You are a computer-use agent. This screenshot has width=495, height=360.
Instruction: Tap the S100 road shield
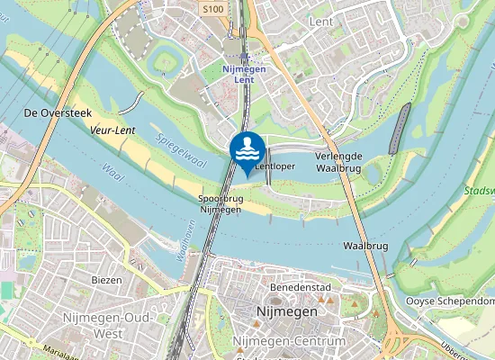pyautogui.click(x=212, y=9)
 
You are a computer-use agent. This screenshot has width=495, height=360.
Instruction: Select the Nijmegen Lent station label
pyautogui.click(x=238, y=74)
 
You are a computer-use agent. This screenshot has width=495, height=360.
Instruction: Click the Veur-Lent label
pyautogui.click(x=112, y=130)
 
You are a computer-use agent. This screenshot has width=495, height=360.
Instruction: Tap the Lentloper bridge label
pyautogui.click(x=275, y=166)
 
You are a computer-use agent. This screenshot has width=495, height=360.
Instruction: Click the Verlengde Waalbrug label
pyautogui.click(x=338, y=162)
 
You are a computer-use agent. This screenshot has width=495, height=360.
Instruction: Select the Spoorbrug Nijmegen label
pyautogui.click(x=220, y=203)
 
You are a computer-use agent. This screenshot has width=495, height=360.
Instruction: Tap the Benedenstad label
pyautogui.click(x=296, y=287)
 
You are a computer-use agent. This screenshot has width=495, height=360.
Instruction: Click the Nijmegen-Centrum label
pyautogui.click(x=289, y=343)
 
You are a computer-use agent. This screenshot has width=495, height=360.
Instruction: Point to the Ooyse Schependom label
pyautogui.click(x=450, y=301)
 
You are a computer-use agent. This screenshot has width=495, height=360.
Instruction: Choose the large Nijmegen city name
pyautogui.click(x=286, y=310)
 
